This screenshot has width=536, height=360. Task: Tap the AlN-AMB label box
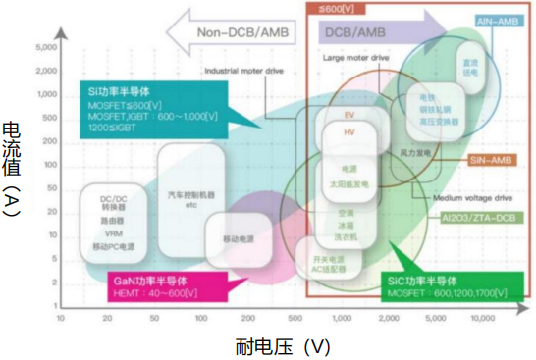497,19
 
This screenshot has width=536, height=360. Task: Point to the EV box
349,115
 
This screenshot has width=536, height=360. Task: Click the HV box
349,131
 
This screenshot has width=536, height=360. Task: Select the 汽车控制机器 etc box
192,200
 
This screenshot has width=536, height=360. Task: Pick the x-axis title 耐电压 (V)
283,346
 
